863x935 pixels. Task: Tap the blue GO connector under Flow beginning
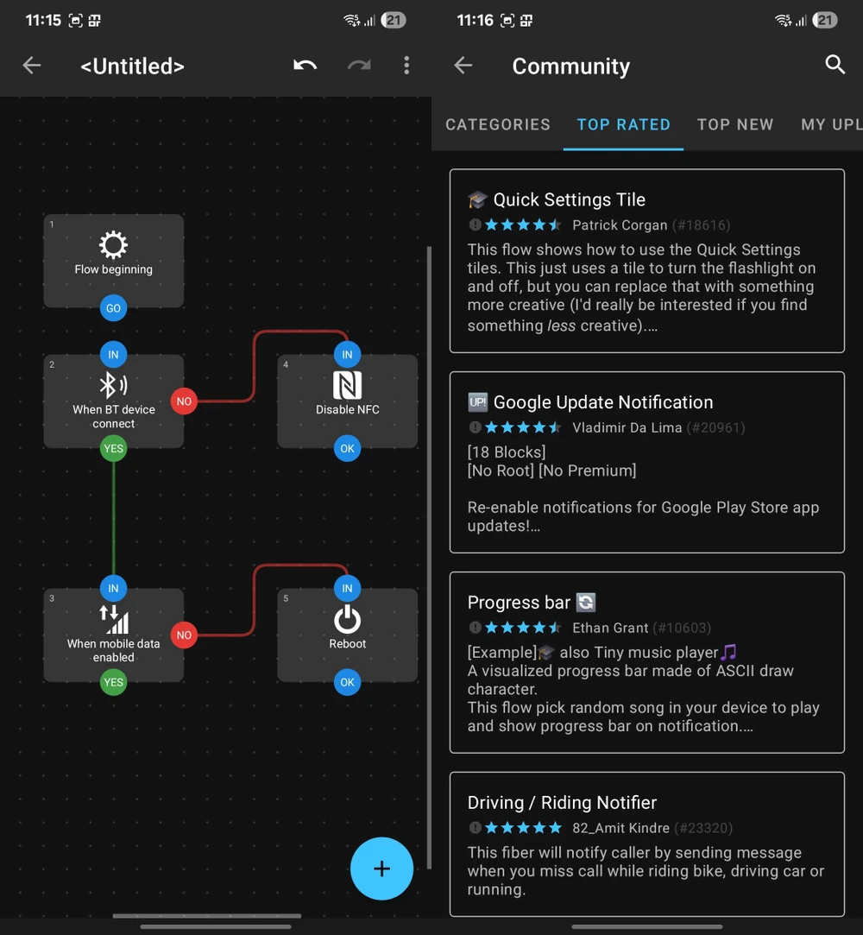coord(113,308)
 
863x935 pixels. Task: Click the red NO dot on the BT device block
coord(184,401)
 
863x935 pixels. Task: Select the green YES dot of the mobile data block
coord(113,682)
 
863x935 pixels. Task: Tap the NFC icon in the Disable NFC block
coord(347,384)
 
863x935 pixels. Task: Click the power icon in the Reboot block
coord(347,619)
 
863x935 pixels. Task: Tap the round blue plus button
coord(381,869)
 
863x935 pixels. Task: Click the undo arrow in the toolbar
coord(305,65)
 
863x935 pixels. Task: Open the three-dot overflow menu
coord(406,65)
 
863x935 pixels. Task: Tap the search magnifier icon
coord(835,65)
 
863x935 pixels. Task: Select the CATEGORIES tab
coord(498,124)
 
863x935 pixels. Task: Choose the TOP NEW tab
coord(735,124)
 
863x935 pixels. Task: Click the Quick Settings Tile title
coord(570,199)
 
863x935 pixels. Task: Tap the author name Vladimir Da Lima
coord(627,427)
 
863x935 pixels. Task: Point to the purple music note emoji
coord(728,652)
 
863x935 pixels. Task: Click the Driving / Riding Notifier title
coord(562,803)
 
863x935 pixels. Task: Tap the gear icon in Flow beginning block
coord(113,244)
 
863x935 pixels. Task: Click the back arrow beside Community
coord(463,65)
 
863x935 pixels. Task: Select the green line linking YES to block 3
coord(113,518)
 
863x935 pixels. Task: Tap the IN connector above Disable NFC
coord(347,355)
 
